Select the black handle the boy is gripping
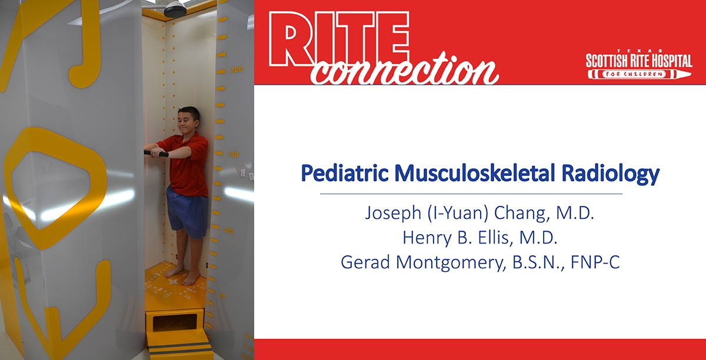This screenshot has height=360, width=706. pos(156,153)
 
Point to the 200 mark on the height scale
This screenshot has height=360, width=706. pos(237,69)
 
